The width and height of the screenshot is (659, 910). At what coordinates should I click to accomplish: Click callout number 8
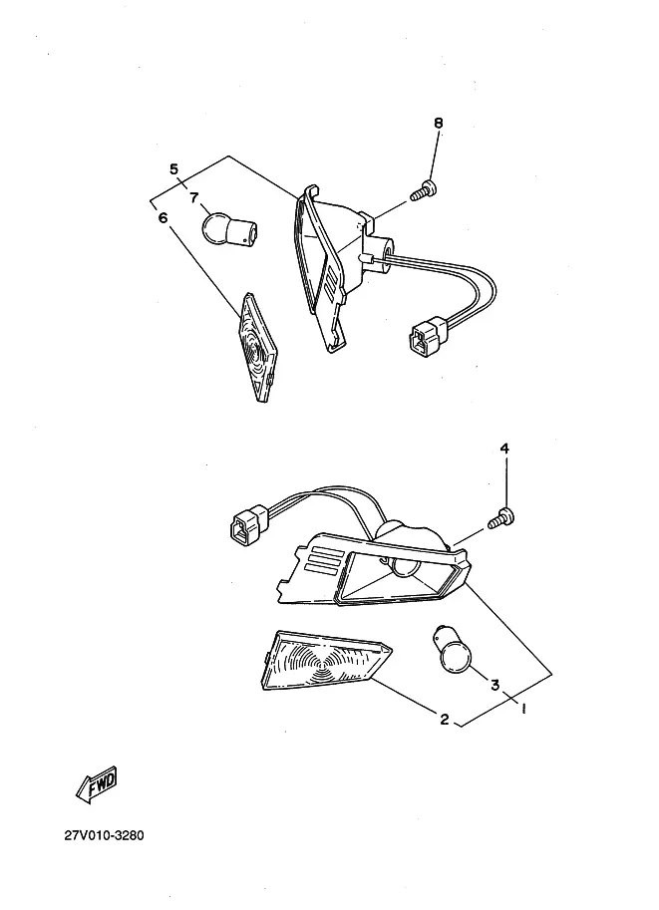tap(438, 124)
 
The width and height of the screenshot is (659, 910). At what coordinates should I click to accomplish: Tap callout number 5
tap(173, 169)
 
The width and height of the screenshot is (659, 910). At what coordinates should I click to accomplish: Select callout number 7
tap(193, 197)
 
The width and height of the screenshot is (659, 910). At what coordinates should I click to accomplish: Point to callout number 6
tap(163, 218)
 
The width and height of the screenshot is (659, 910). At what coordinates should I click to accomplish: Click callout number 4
tap(504, 450)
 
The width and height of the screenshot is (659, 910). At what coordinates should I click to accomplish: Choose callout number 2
tap(445, 719)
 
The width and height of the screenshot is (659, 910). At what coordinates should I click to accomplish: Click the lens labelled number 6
tap(256, 346)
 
